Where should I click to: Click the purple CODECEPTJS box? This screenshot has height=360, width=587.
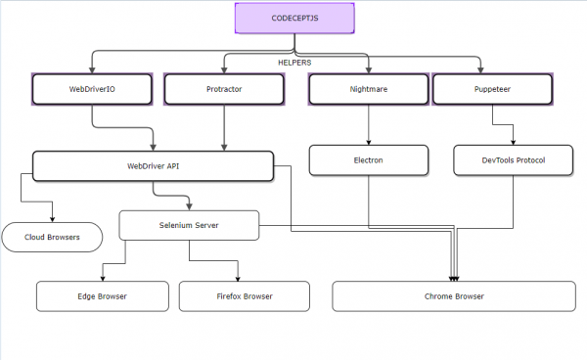pyautogui.click(x=293, y=19)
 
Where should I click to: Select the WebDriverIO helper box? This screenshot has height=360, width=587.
pyautogui.click(x=94, y=90)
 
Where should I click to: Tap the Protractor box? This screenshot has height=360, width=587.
pyautogui.click(x=224, y=90)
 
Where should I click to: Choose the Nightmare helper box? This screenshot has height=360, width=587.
pyautogui.click(x=368, y=90)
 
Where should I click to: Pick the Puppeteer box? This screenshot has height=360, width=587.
pyautogui.click(x=486, y=90)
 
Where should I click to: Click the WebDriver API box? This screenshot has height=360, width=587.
pyautogui.click(x=153, y=166)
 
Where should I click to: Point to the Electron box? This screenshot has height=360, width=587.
pyautogui.click(x=368, y=159)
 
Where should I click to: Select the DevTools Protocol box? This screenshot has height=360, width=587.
pyautogui.click(x=514, y=159)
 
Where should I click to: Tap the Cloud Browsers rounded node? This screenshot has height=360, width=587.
pyautogui.click(x=52, y=237)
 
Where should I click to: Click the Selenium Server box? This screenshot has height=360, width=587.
pyautogui.click(x=189, y=225)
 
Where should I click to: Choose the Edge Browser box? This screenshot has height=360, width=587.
pyautogui.click(x=102, y=295)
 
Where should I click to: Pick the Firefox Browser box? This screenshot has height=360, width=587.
pyautogui.click(x=244, y=295)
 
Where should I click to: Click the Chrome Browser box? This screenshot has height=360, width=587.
pyautogui.click(x=454, y=295)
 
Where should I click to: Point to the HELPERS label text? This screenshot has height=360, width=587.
pyautogui.click(x=294, y=63)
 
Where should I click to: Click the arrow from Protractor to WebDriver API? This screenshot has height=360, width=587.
pyautogui.click(x=224, y=127)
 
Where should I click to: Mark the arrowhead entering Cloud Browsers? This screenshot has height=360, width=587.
pyautogui.click(x=52, y=218)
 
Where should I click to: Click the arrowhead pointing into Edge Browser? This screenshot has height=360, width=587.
pyautogui.click(x=102, y=277)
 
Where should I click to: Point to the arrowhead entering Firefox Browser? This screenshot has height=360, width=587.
pyautogui.click(x=237, y=277)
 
